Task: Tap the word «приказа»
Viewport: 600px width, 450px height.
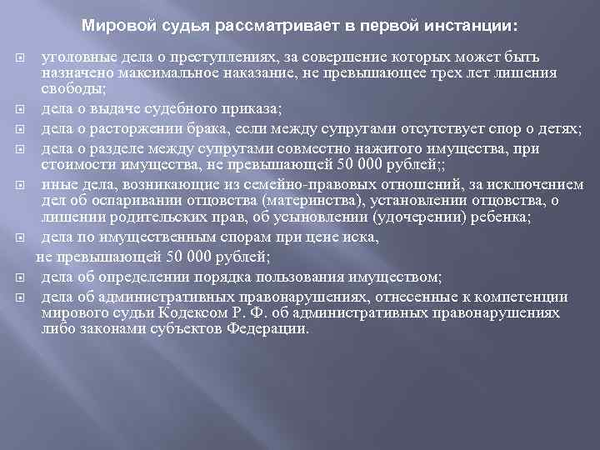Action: click(253, 107)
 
